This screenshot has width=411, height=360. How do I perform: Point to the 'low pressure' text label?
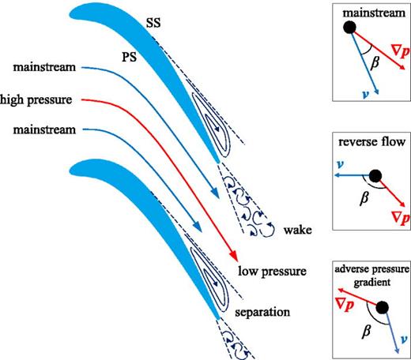[272, 272]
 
